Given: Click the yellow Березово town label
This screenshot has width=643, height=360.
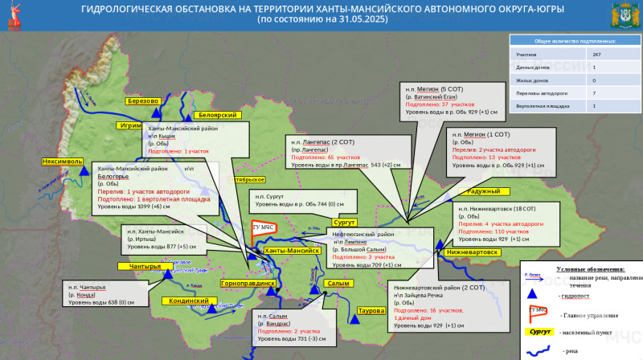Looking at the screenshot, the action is coord(143,100).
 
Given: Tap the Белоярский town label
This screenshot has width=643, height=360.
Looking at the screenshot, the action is coord(215,116).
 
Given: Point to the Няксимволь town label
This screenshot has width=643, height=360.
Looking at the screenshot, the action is coord(63,162).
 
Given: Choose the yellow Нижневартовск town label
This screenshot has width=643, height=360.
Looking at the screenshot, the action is coord(472,252).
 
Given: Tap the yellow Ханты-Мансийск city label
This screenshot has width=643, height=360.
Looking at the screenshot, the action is coord(293,252).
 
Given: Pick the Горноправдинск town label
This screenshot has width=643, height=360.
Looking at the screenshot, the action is coord(248,284).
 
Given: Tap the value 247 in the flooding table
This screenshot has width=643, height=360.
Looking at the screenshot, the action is coord(595,54).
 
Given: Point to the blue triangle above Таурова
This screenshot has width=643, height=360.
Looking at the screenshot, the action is coord(354,319).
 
